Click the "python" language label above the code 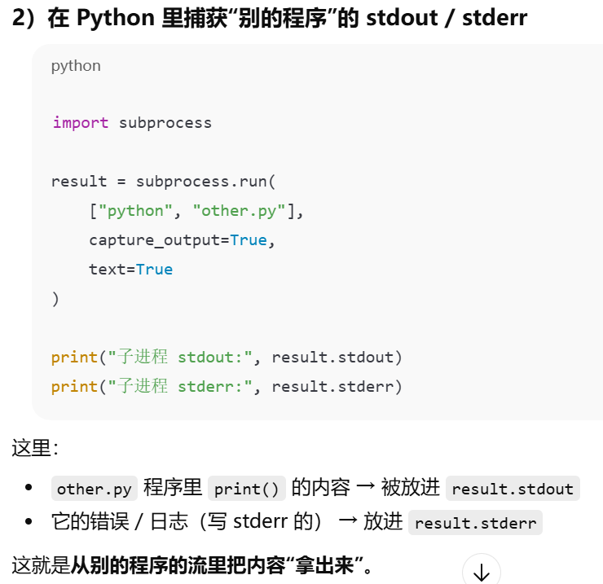tap(76, 66)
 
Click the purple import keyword tap(81, 123)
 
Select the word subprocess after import tap(165, 123)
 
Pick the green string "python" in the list tap(130, 211)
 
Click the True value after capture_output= tap(249, 240)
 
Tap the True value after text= tap(154, 270)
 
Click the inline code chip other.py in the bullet tap(94, 489)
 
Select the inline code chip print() tap(248, 489)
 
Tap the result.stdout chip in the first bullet tap(513, 489)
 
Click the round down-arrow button tap(481, 571)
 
